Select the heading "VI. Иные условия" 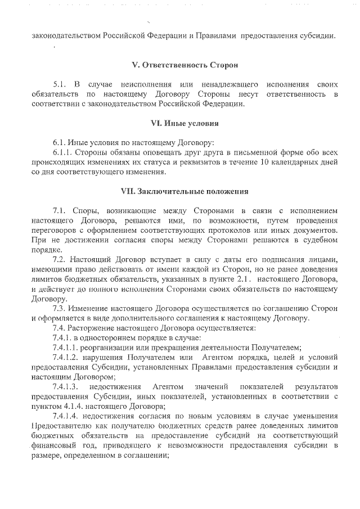click(x=185, y=123)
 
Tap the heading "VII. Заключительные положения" click(x=185, y=191)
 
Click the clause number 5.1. click(x=60, y=84)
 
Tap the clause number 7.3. click(x=60, y=308)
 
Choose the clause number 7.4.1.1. click(x=67, y=347)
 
